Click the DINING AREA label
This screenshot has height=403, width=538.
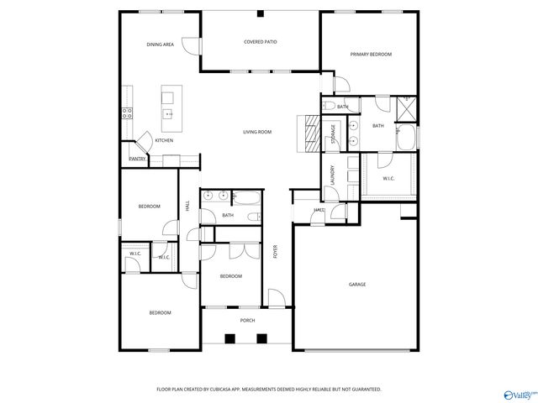(160, 44)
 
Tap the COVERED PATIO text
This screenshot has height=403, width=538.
(261, 41)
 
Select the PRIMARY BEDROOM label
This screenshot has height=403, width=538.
(371, 55)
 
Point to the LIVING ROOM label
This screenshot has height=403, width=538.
(257, 132)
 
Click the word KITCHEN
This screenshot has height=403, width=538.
(164, 140)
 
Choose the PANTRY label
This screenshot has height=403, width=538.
(137, 159)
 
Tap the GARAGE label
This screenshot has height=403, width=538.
(357, 285)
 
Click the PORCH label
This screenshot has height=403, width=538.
(247, 320)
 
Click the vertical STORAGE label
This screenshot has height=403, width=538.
(333, 133)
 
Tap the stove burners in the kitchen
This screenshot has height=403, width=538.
(127, 113)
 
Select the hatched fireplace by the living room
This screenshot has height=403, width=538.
(310, 131)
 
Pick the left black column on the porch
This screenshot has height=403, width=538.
(229, 338)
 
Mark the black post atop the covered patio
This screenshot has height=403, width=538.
(261, 14)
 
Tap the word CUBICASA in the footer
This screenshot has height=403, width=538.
(245, 390)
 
